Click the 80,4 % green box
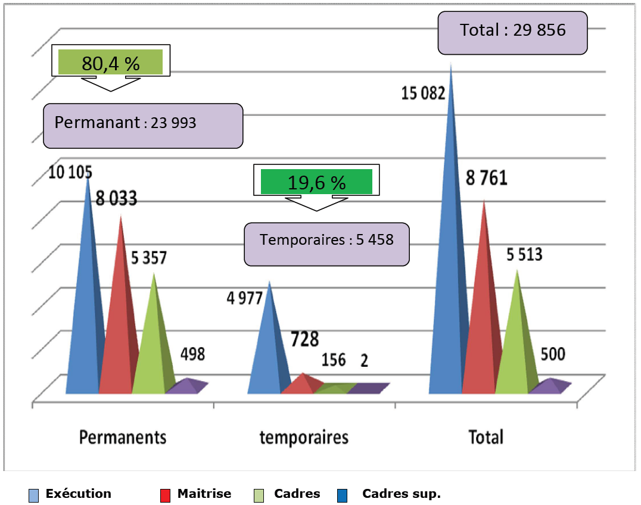(110, 62)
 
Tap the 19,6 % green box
(316, 182)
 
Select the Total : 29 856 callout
(512, 31)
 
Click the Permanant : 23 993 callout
(143, 124)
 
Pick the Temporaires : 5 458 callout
(326, 241)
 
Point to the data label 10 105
(70, 173)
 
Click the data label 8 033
(116, 199)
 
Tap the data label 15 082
(423, 93)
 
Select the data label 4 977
(244, 298)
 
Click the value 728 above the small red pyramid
(304, 339)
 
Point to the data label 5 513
(524, 255)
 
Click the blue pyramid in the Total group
(448, 268)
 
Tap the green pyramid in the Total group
(515, 345)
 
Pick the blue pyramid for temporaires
(266, 351)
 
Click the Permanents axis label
(123, 438)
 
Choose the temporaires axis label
(304, 438)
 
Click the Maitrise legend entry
(197, 494)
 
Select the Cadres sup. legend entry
(393, 494)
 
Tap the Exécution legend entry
(71, 494)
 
